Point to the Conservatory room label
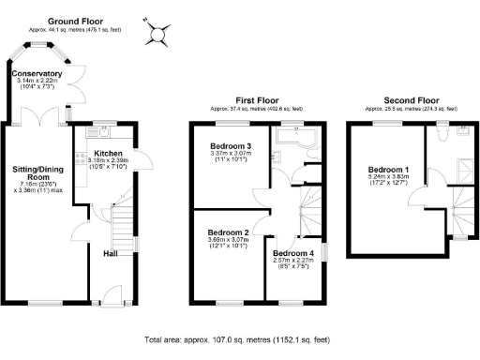[x=37, y=73]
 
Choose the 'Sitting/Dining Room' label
[x=37, y=172]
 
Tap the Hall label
[x=111, y=253]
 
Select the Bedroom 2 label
[x=228, y=232]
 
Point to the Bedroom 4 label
[x=294, y=253]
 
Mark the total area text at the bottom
[x=239, y=338]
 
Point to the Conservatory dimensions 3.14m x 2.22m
[x=37, y=82]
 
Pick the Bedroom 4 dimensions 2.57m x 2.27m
[x=294, y=262]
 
